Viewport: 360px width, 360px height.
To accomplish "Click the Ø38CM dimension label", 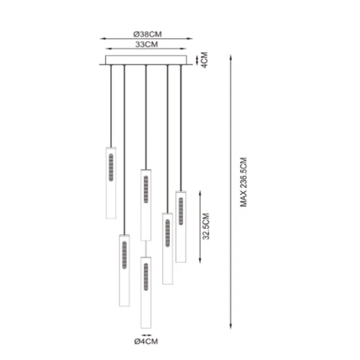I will pyautogui.click(x=147, y=34).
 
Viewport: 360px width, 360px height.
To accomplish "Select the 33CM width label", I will pyautogui.click(x=146, y=45).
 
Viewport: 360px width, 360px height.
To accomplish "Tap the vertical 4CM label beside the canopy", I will pyautogui.click(x=204, y=60).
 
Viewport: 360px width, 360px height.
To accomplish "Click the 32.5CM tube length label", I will pyautogui.click(x=206, y=227).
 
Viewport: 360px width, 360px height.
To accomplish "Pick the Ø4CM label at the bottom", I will pyautogui.click(x=147, y=341).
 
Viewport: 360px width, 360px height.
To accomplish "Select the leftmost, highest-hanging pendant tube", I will pyautogui.click(x=111, y=183).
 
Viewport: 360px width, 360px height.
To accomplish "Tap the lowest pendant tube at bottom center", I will pyautogui.click(x=146, y=292).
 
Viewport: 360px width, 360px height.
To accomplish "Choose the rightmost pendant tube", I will pyautogui.click(x=181, y=226).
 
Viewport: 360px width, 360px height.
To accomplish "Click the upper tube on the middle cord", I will pyautogui.click(x=146, y=204).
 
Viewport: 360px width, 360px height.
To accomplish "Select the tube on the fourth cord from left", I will pyautogui.click(x=167, y=248).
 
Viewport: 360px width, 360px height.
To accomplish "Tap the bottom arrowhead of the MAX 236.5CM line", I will pyautogui.click(x=230, y=328).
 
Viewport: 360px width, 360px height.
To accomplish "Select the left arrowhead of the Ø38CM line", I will pyautogui.click(x=101, y=39).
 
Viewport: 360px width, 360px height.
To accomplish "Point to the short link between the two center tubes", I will pyautogui.click(x=146, y=248).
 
